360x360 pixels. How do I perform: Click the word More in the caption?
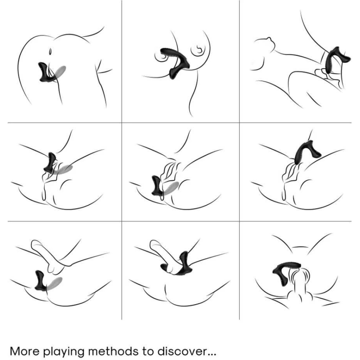tap(25, 351)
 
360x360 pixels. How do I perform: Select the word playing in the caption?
tap(64, 352)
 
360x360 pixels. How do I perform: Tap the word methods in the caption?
tap(114, 351)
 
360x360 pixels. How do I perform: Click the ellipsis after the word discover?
tap(212, 354)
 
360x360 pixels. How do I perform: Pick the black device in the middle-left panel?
tap(50, 163)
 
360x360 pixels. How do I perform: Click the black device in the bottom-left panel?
tap(40, 281)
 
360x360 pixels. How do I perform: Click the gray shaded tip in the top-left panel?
tap(59, 71)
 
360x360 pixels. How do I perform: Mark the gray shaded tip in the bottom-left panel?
tap(54, 282)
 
